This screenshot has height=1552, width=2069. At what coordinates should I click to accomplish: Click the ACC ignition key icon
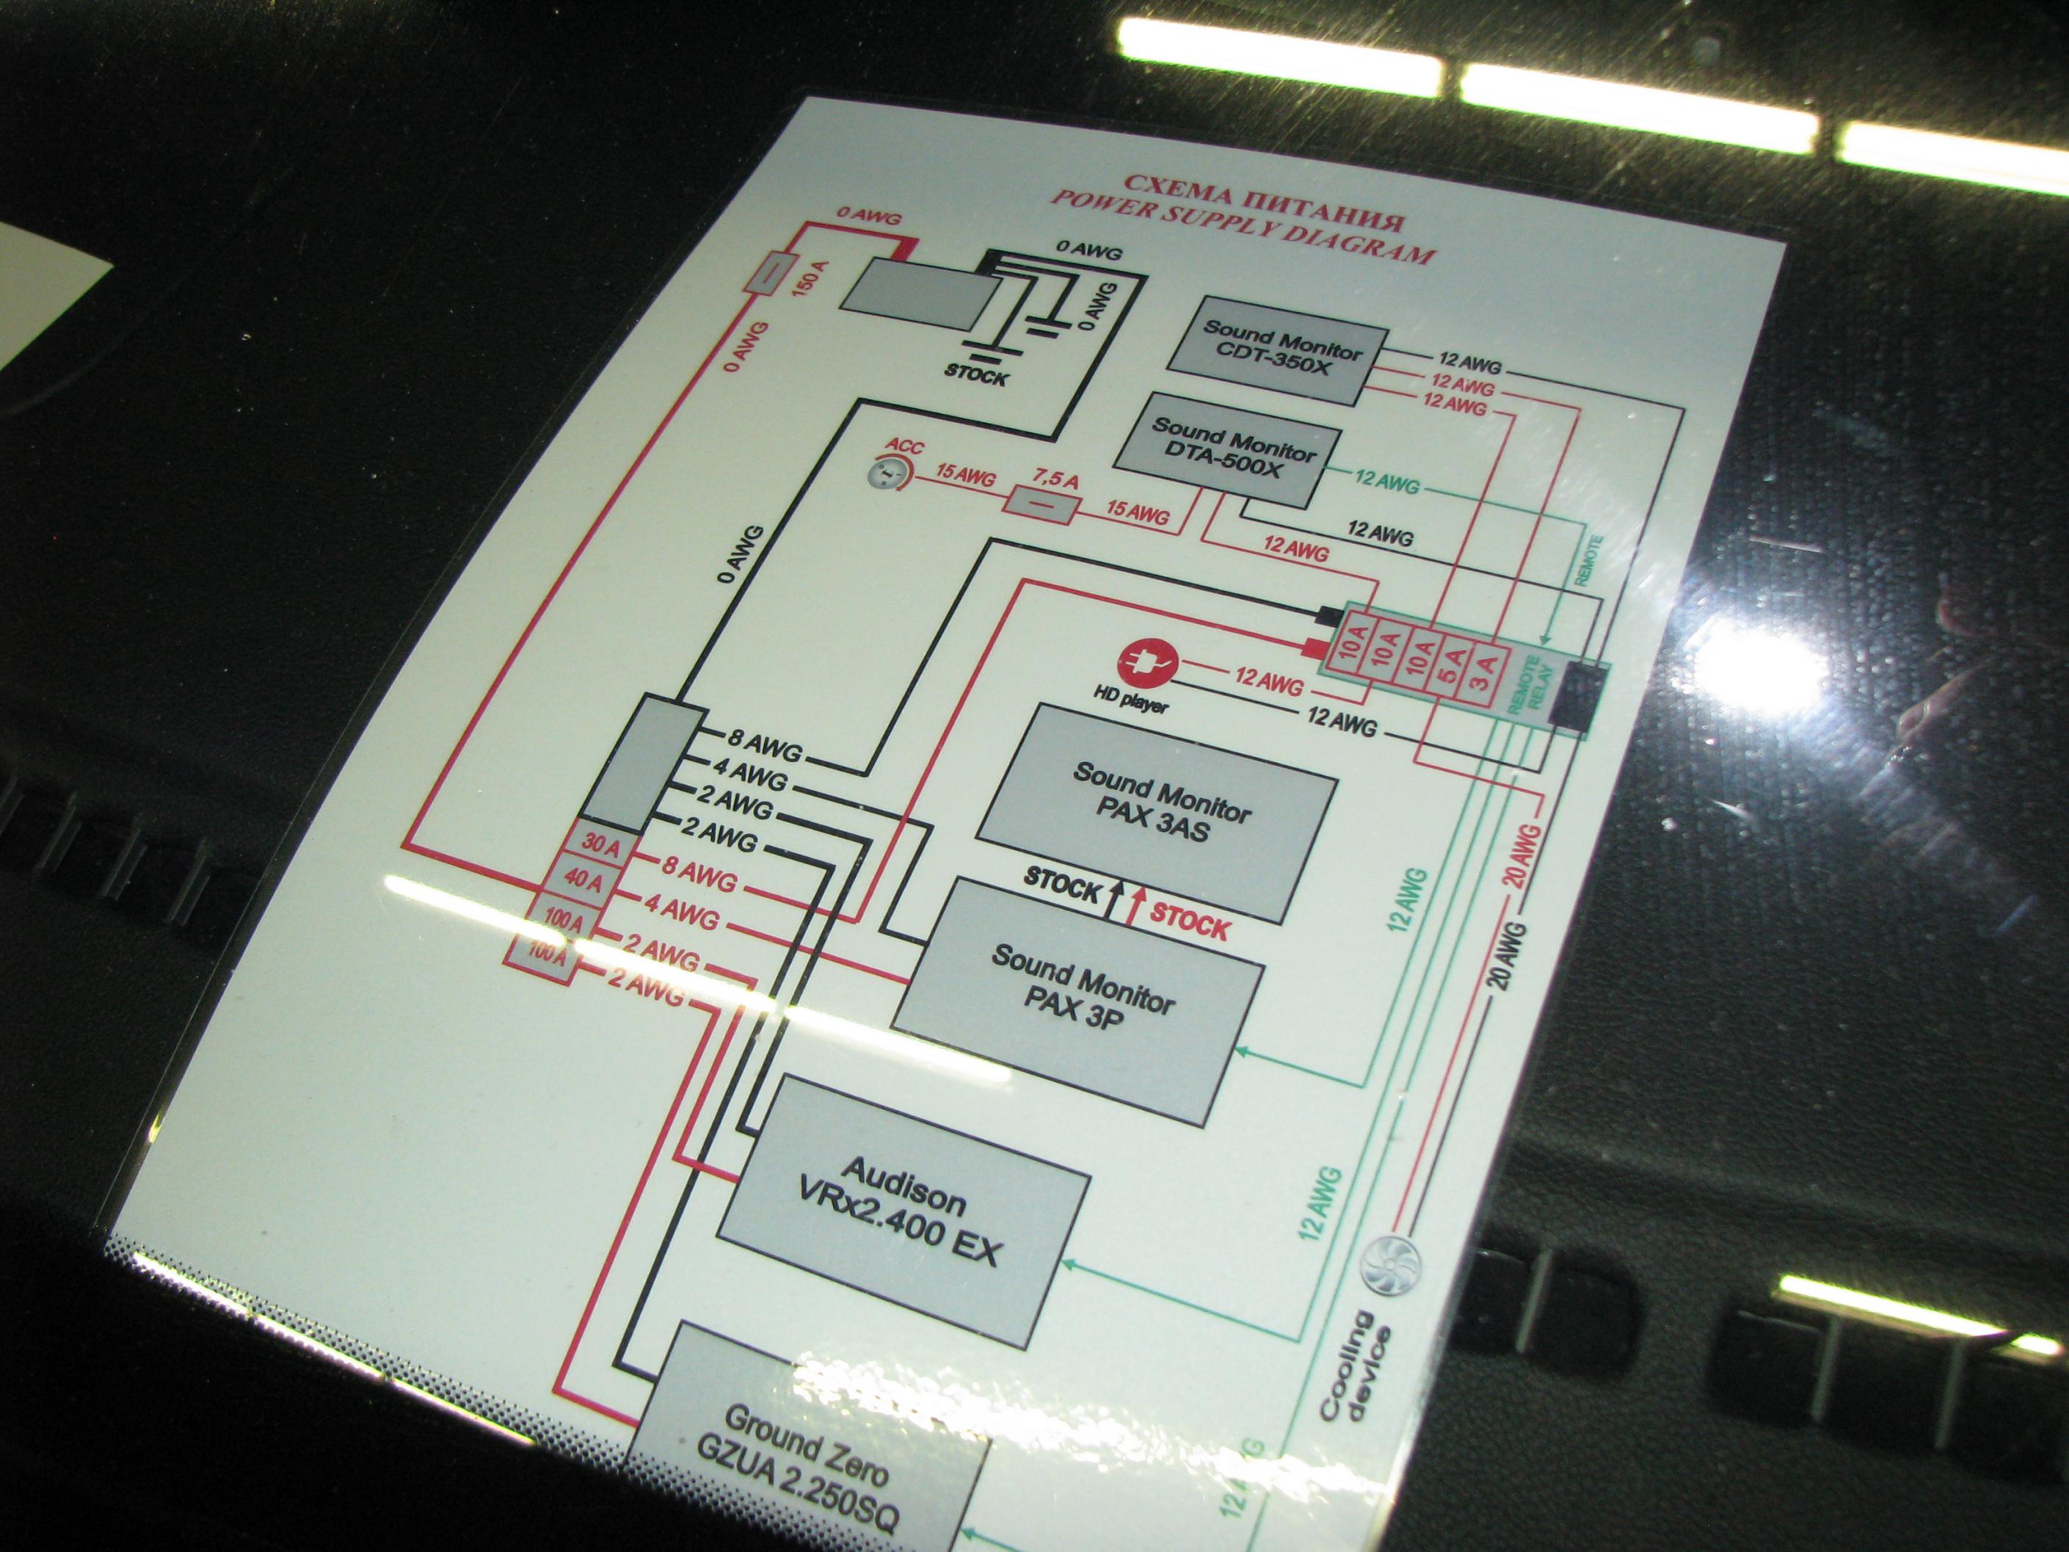pyautogui.click(x=880, y=473)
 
